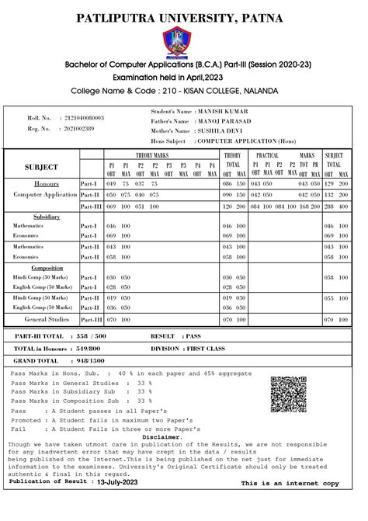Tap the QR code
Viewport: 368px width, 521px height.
[x=290, y=394]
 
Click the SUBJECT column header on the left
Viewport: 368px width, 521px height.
[x=41, y=167]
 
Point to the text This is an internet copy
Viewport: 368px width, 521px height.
[x=290, y=483]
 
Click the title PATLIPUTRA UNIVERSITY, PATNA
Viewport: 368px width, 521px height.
[x=183, y=17]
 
